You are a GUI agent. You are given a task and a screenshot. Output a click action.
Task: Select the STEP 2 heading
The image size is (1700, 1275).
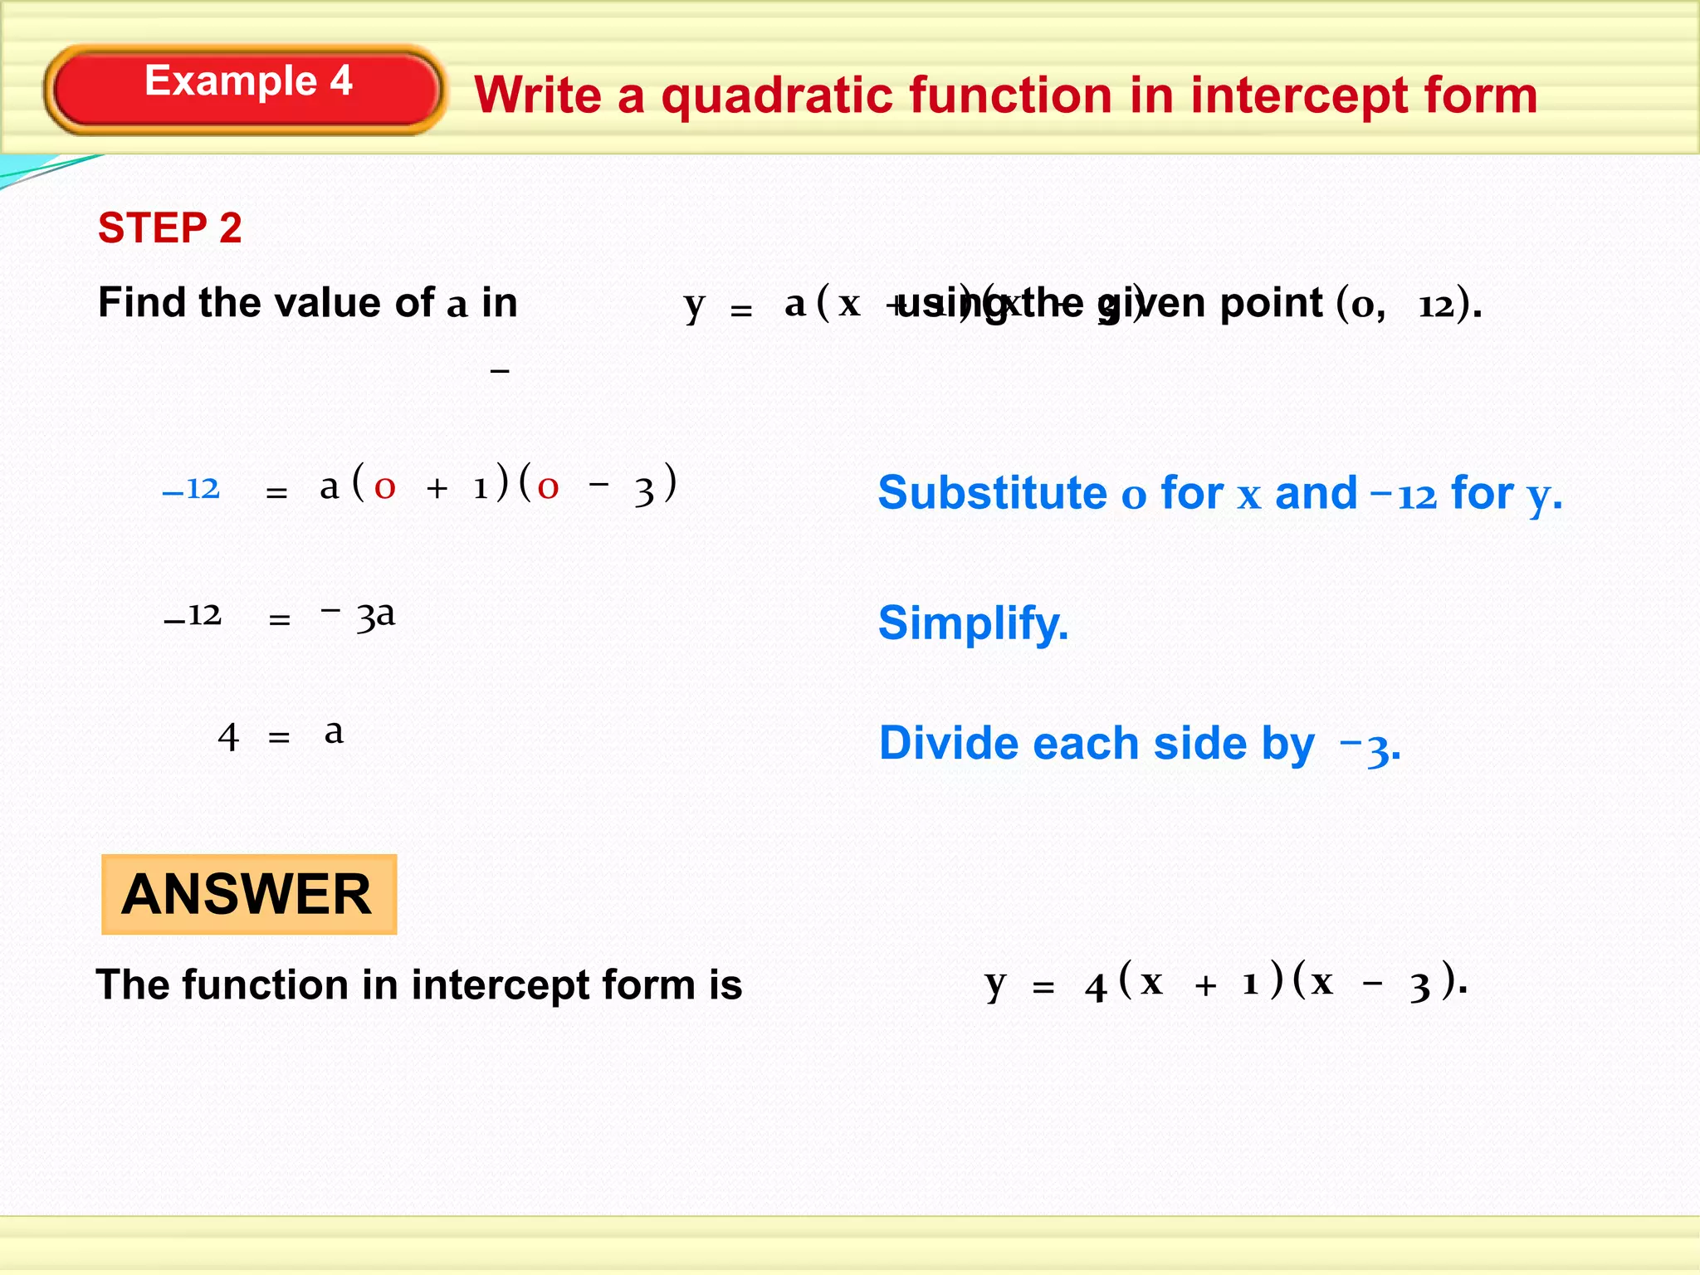click(170, 228)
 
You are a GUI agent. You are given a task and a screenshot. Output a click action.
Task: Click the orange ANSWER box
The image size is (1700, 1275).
click(248, 895)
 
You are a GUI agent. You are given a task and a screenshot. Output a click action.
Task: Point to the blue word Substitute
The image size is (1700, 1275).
click(992, 493)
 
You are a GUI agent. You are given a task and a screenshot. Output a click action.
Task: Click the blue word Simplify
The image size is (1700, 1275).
click(973, 623)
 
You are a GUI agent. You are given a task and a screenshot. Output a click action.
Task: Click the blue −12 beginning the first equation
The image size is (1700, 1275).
click(191, 489)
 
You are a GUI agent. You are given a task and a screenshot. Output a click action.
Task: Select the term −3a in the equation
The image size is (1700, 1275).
click(359, 615)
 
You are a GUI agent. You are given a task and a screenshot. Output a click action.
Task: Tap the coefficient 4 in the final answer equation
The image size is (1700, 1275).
click(1096, 987)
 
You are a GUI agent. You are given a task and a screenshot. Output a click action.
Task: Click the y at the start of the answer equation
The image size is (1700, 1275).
click(995, 984)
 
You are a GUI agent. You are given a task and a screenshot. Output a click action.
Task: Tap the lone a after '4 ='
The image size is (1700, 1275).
click(334, 732)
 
